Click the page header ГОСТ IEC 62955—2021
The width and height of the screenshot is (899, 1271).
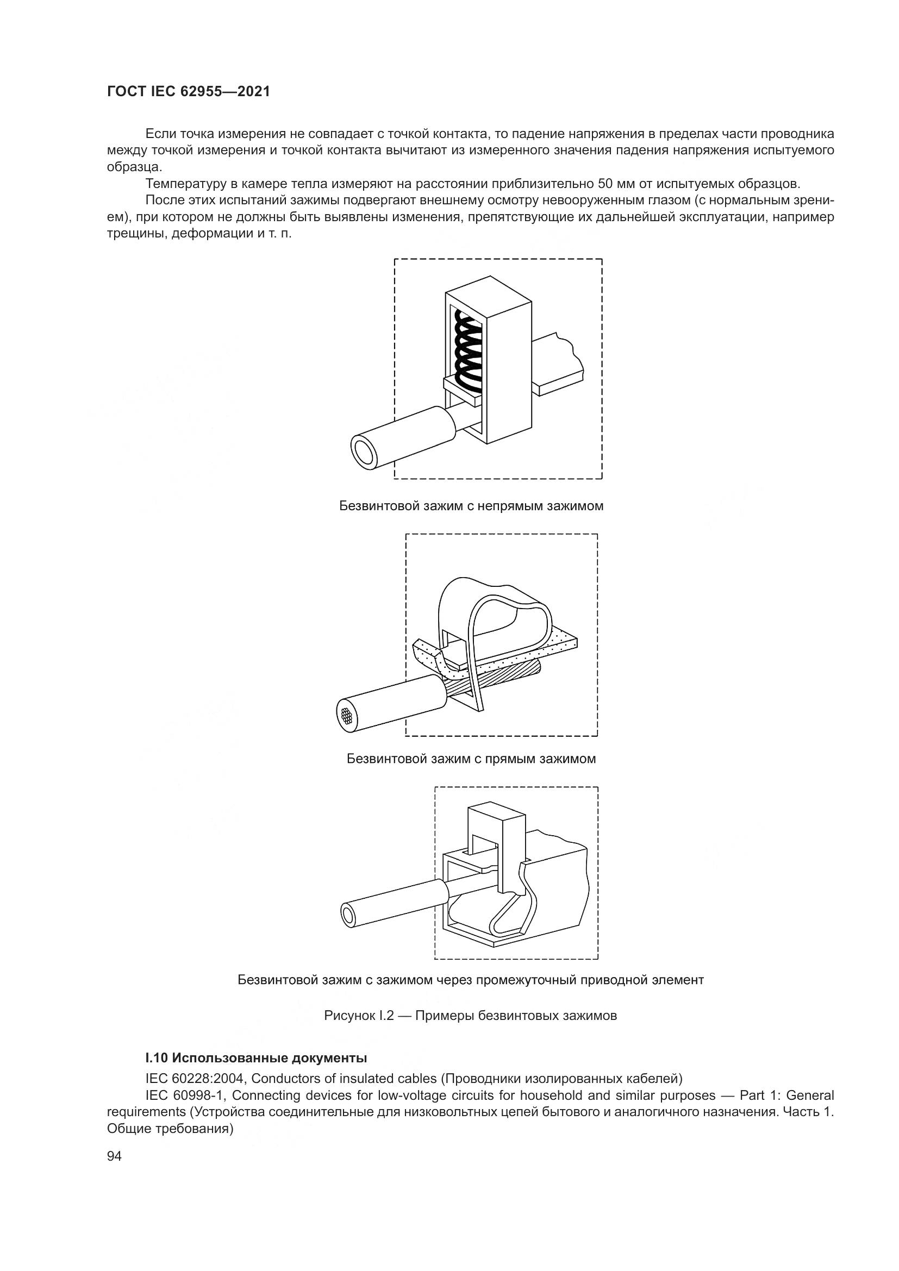(188, 91)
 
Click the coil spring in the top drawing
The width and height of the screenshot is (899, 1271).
(469, 349)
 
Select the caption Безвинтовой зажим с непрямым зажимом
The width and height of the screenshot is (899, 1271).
(471, 506)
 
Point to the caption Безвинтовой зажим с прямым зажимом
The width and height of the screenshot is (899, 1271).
(471, 759)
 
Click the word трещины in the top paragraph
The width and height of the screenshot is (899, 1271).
(136, 234)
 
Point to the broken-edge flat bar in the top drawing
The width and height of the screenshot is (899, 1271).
(559, 365)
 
